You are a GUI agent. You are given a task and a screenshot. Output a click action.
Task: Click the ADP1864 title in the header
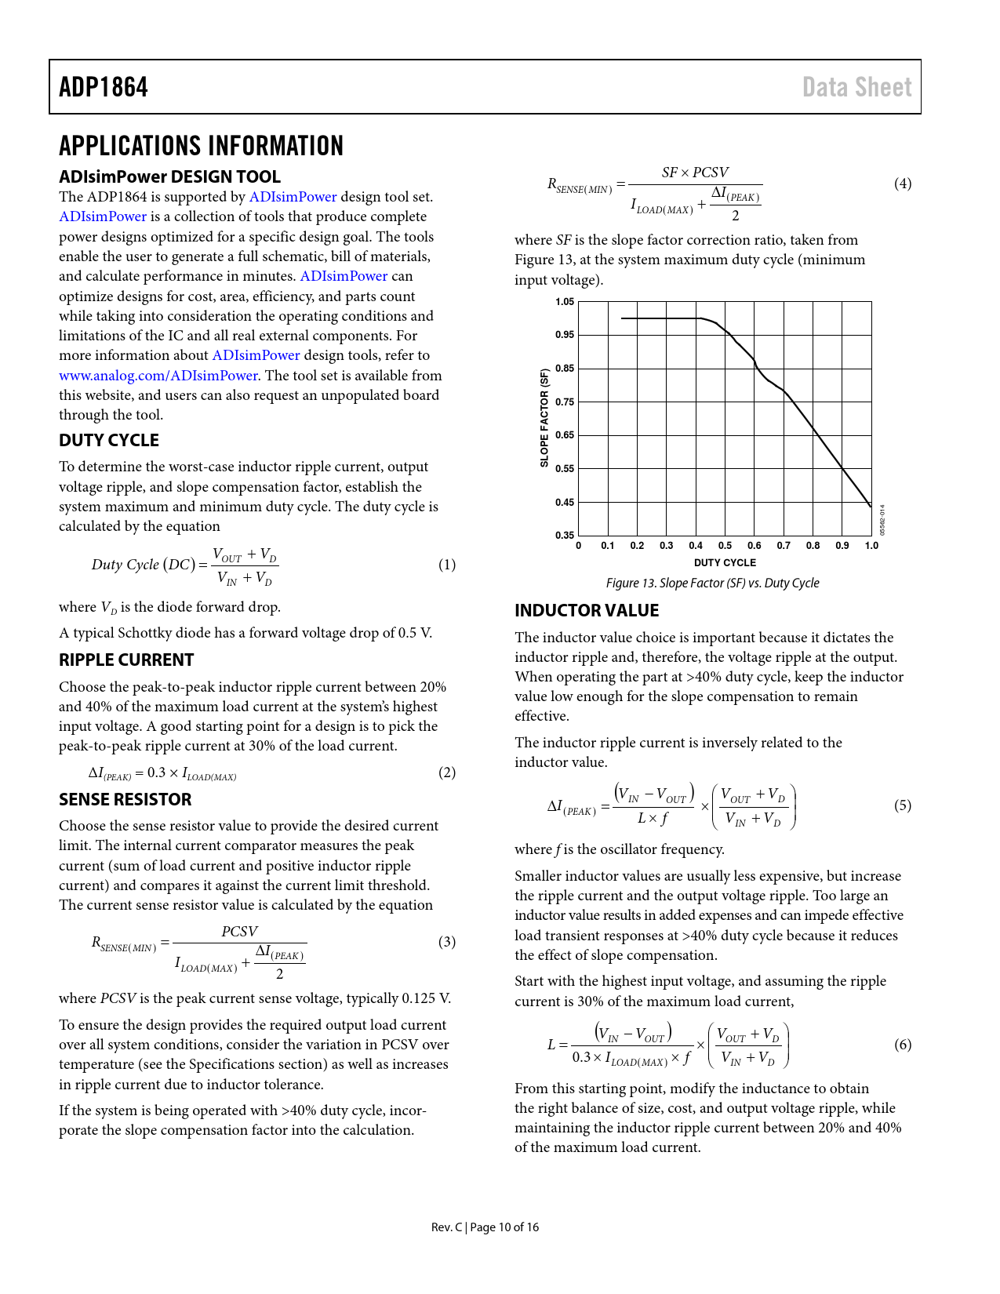pyautogui.click(x=104, y=87)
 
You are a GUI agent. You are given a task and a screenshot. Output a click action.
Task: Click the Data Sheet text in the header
pyautogui.click(x=856, y=87)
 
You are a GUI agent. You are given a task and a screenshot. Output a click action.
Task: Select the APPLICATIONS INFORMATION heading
pyautogui.click(x=201, y=146)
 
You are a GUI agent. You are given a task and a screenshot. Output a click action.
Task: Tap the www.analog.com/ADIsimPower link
pyautogui.click(x=158, y=376)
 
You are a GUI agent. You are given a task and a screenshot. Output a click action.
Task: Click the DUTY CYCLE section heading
pyautogui.click(x=109, y=441)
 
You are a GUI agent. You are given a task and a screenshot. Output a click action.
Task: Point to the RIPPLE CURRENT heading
pyautogui.click(x=126, y=660)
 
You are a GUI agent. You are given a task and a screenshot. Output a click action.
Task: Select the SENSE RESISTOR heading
pyautogui.click(x=125, y=800)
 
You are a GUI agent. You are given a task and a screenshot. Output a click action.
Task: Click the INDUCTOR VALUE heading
pyautogui.click(x=587, y=611)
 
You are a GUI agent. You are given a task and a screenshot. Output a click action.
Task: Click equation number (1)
pyautogui.click(x=446, y=565)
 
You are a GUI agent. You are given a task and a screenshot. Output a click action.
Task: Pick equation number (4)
pyautogui.click(x=903, y=184)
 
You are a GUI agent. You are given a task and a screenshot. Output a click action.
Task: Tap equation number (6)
pyautogui.click(x=903, y=1045)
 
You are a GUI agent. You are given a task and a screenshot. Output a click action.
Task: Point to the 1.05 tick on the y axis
pyautogui.click(x=565, y=302)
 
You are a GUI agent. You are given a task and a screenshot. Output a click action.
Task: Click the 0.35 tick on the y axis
pyautogui.click(x=565, y=536)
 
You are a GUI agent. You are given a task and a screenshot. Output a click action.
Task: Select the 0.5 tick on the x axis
pyautogui.click(x=725, y=546)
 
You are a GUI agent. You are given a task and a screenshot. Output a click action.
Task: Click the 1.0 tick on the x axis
pyautogui.click(x=871, y=546)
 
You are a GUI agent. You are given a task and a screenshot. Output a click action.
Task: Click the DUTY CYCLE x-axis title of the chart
pyautogui.click(x=725, y=563)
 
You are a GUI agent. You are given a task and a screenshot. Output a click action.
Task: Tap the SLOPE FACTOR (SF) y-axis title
pyautogui.click(x=544, y=419)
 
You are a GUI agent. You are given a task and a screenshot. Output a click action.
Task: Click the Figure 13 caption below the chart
pyautogui.click(x=712, y=583)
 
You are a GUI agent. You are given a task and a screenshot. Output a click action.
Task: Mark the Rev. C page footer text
pyautogui.click(x=485, y=1227)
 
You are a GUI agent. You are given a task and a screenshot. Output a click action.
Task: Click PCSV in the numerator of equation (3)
pyautogui.click(x=239, y=932)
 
